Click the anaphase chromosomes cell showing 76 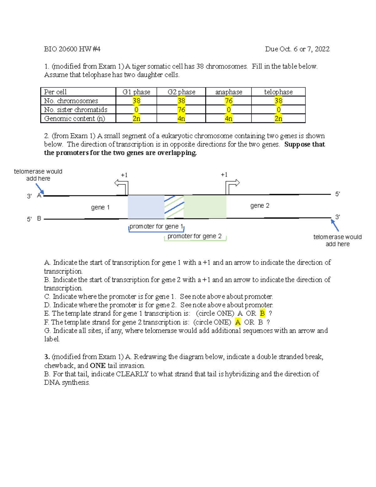(228, 101)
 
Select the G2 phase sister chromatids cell (181, 110)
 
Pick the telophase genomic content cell (278, 119)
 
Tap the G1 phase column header (136, 92)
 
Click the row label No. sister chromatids (76, 110)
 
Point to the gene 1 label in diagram (100, 207)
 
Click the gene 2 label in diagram (260, 206)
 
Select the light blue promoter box (146, 207)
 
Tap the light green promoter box (205, 206)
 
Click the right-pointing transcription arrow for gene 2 (232, 185)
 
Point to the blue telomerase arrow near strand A (40, 189)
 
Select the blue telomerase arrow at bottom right (335, 225)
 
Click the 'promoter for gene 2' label (194, 236)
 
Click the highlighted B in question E (262, 313)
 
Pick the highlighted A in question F (238, 322)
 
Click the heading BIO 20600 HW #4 (72, 49)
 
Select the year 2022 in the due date (322, 49)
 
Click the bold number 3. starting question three (47, 357)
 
